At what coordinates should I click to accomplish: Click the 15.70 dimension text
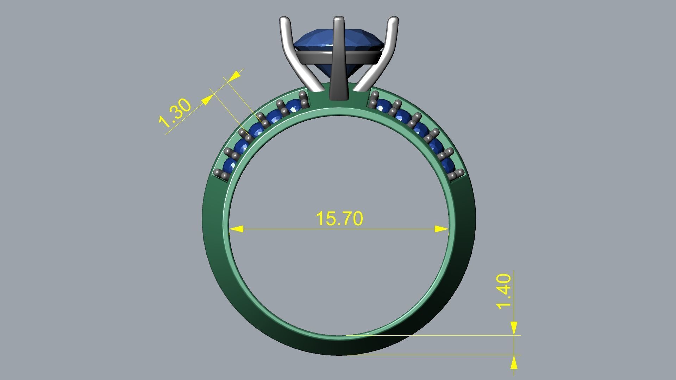(x=339, y=218)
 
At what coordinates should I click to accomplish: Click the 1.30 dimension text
(x=175, y=113)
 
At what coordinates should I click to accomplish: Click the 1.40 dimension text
(x=503, y=291)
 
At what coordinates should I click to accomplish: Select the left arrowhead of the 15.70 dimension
(x=236, y=229)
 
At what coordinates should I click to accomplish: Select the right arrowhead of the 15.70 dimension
(x=442, y=229)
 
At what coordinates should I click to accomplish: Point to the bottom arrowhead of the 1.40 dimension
(x=514, y=362)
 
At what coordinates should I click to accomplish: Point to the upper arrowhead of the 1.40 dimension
(x=514, y=328)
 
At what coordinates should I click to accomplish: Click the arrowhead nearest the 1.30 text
(x=207, y=100)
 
